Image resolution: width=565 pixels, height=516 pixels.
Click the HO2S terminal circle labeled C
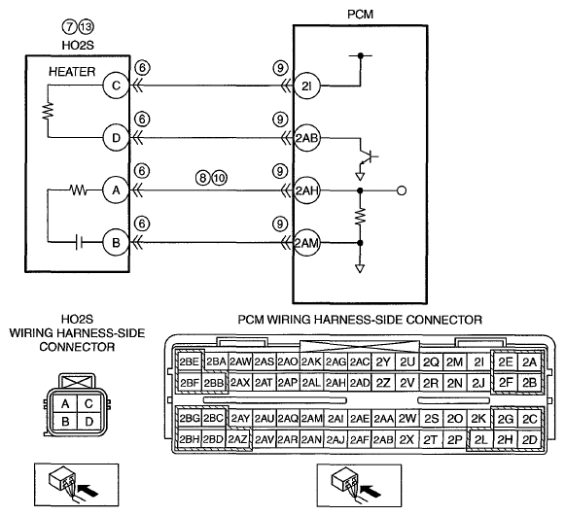(x=116, y=86)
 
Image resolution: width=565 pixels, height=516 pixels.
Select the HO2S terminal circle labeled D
(x=116, y=138)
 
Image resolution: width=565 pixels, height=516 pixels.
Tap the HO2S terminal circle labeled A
(x=116, y=190)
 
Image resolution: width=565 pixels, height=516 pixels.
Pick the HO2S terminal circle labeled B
(x=116, y=243)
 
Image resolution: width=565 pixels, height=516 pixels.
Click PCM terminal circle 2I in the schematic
(x=306, y=86)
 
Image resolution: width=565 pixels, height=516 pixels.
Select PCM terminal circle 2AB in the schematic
(x=306, y=138)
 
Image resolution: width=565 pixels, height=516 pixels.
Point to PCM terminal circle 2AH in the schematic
(x=306, y=190)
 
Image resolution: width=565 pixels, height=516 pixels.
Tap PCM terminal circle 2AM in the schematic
(x=306, y=243)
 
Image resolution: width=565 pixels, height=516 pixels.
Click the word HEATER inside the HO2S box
(x=72, y=72)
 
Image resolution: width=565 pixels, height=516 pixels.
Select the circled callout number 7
(x=69, y=27)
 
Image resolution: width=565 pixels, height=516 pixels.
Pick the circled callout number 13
(x=87, y=27)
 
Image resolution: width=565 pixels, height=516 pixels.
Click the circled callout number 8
(x=203, y=178)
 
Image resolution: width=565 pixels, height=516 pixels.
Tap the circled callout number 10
(x=220, y=178)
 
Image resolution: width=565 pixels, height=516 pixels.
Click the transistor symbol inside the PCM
(x=368, y=157)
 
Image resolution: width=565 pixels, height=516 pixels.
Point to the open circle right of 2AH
(x=402, y=190)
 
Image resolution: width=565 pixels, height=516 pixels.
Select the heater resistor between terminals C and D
(x=48, y=112)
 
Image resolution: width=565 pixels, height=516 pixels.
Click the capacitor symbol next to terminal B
(x=80, y=242)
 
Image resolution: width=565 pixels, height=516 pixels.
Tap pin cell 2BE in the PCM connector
(x=190, y=361)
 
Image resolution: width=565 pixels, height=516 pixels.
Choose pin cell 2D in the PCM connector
(x=529, y=439)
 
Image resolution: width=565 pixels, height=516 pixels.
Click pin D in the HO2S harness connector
(x=88, y=422)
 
